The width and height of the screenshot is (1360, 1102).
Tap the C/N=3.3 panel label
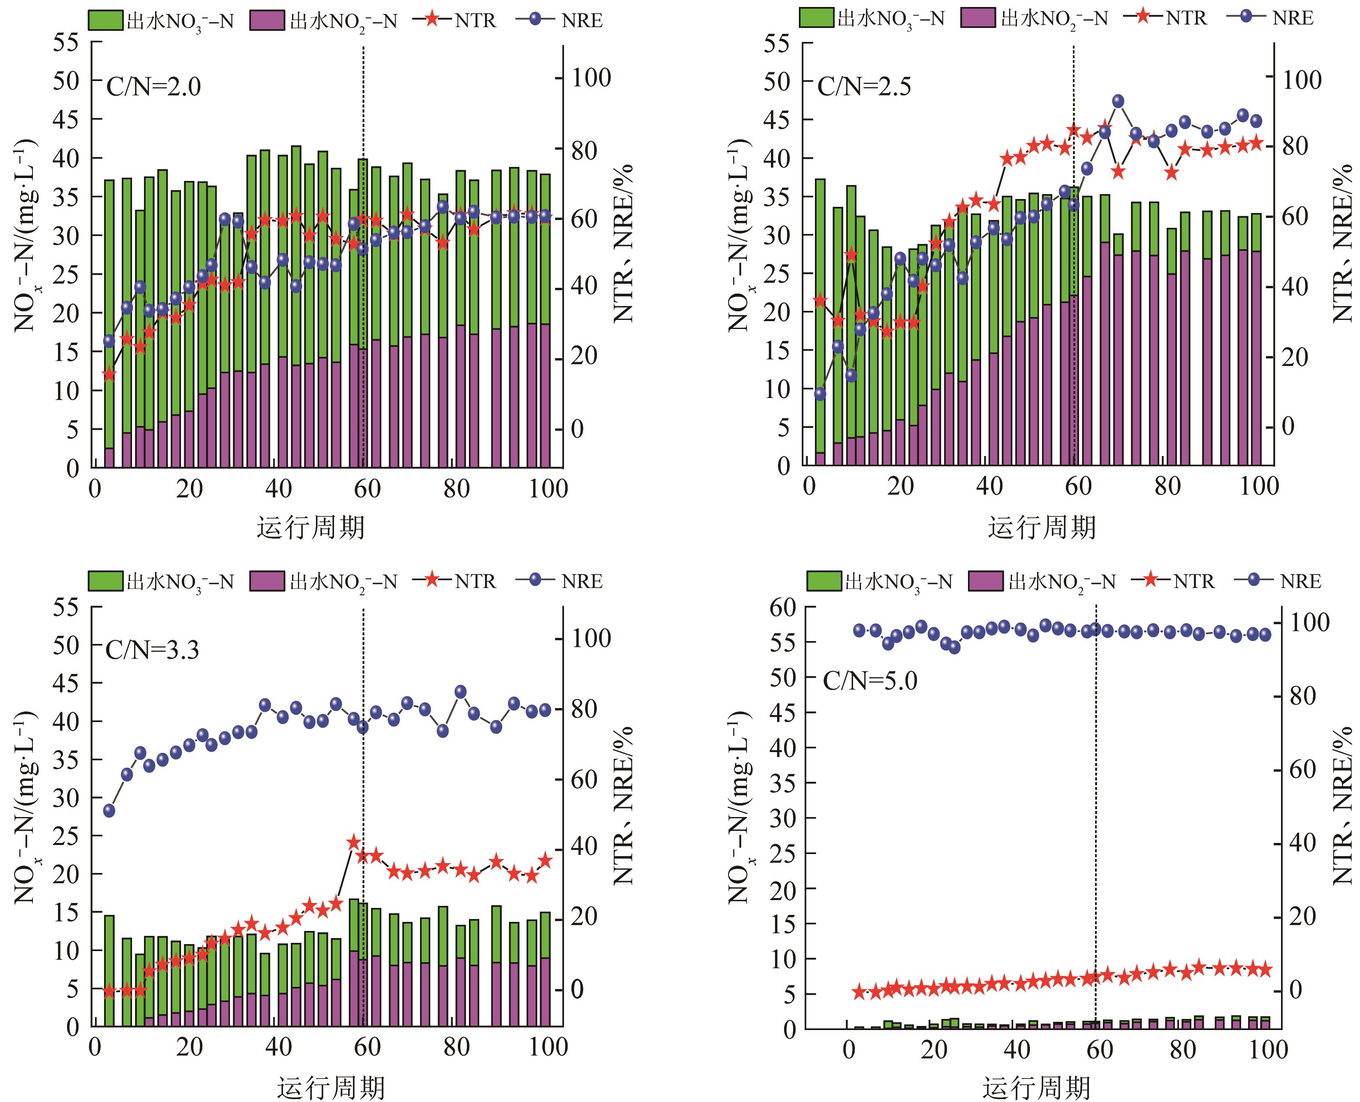pos(152,650)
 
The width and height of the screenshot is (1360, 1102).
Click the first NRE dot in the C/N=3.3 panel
pos(109,810)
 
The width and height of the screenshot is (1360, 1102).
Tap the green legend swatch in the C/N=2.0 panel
pos(105,20)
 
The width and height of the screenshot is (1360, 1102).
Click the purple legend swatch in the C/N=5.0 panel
pos(986,581)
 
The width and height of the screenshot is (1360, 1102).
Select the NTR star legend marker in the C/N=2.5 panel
pos(1143,17)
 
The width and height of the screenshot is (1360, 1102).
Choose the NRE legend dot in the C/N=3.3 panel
pos(535,579)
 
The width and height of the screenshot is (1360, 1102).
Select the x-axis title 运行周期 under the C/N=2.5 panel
pos(1041,527)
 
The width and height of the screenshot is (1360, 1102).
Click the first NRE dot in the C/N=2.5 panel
pos(820,394)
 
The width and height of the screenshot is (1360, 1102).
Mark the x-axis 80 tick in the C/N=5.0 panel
pos(1182,1049)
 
